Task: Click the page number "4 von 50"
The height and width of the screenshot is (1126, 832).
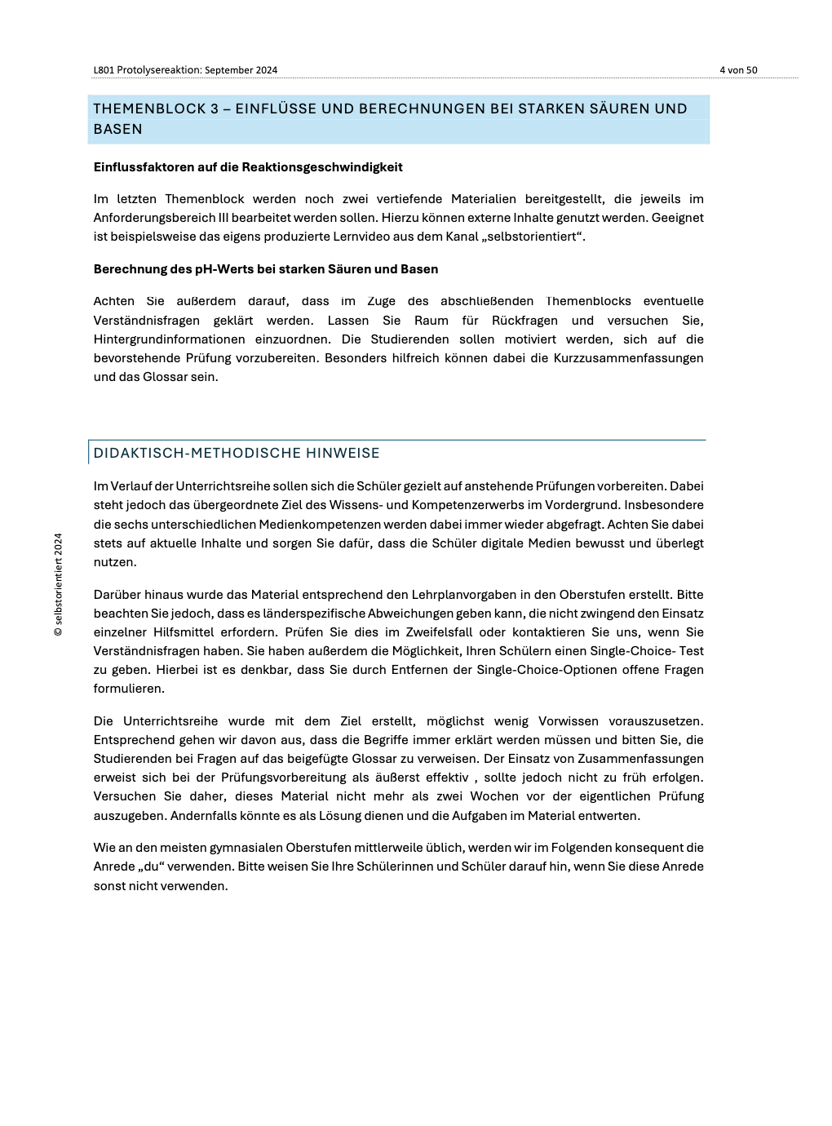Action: point(738,70)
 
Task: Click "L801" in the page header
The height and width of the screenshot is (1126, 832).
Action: point(104,70)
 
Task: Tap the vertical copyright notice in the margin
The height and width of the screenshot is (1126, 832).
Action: point(58,584)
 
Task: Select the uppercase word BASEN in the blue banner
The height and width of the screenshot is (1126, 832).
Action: point(118,129)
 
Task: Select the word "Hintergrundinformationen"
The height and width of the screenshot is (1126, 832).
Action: point(170,339)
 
